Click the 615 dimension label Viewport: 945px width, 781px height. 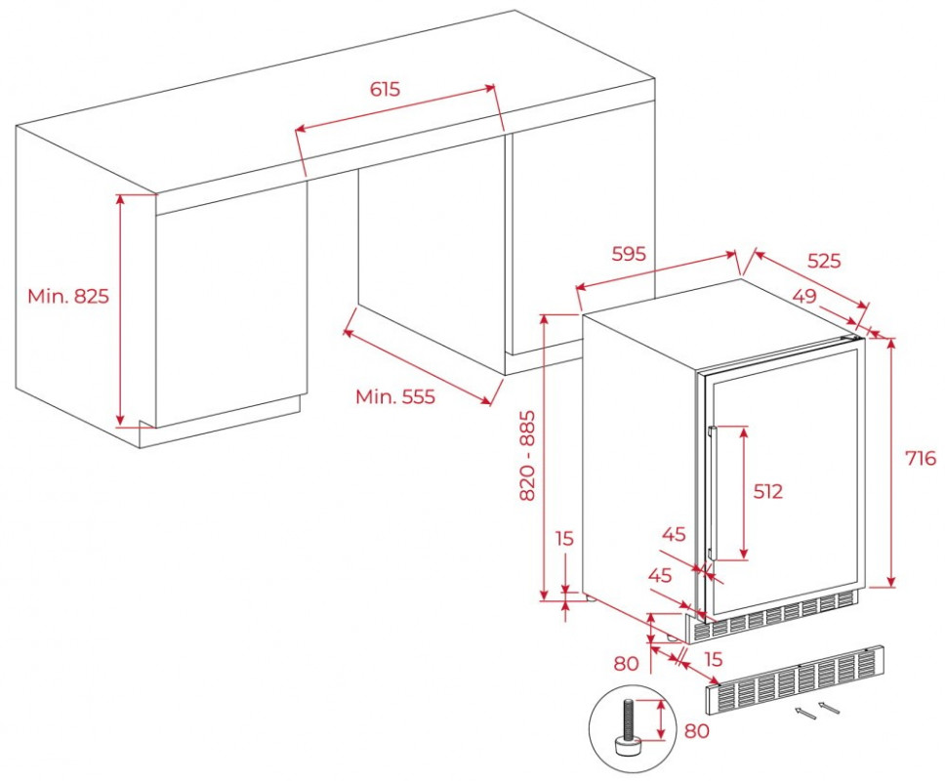click(385, 89)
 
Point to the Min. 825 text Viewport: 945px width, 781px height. click(68, 296)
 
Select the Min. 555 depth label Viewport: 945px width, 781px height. click(394, 396)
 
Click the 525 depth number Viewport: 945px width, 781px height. click(824, 261)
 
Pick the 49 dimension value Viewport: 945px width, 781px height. click(804, 296)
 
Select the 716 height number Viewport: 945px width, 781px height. click(921, 458)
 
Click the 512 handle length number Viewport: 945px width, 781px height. click(768, 491)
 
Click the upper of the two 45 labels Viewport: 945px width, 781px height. click(674, 534)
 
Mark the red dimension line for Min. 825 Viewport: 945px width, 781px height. click(121, 310)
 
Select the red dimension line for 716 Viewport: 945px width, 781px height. click(890, 462)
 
